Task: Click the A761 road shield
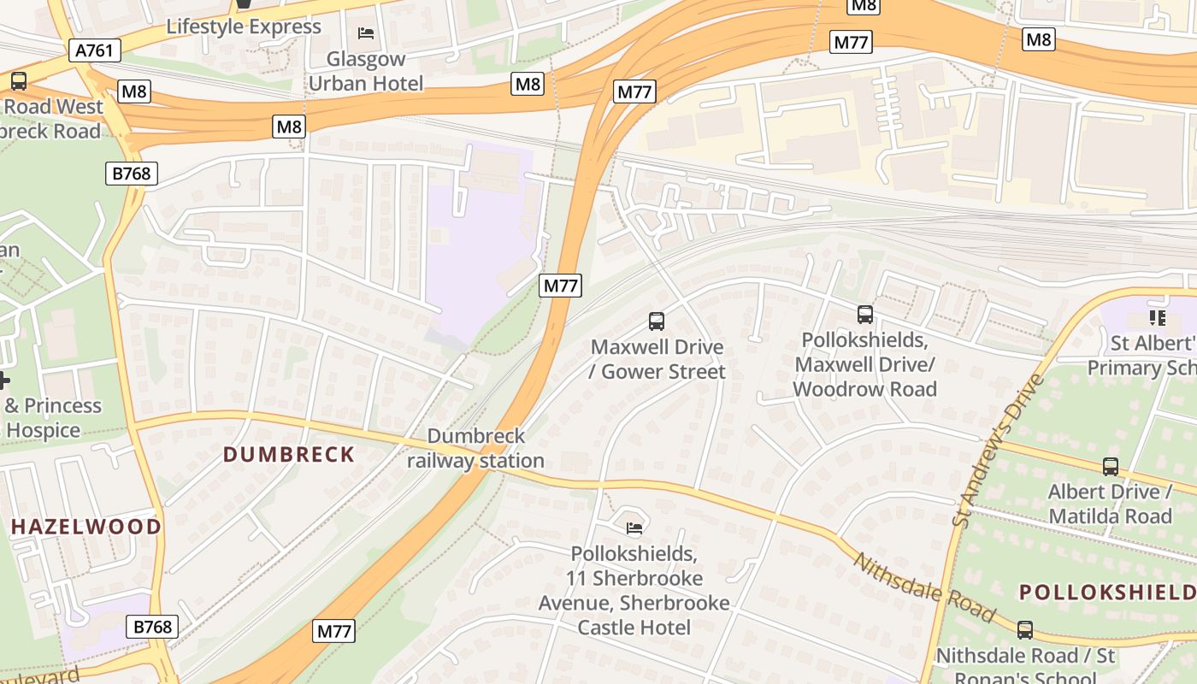pos(94,50)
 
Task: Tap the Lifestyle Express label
pos(244,27)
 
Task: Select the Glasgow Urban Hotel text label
pos(366,71)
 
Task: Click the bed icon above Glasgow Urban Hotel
pos(366,33)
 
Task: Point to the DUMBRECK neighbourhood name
pos(289,454)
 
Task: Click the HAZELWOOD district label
pos(85,527)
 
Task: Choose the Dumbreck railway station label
pos(476,448)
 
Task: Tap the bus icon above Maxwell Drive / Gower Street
pos(657,321)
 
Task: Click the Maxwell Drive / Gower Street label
pos(657,359)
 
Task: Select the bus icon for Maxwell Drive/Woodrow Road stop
pos(865,315)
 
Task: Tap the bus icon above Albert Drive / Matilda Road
pos(1111,467)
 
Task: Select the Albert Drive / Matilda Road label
pos(1110,504)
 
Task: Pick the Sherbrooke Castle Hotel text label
pos(634,590)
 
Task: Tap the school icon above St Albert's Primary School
pos(1158,319)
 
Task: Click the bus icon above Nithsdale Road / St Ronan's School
pos(1025,630)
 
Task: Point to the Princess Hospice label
pos(53,417)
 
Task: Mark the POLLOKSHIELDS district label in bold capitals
pos(1107,593)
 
